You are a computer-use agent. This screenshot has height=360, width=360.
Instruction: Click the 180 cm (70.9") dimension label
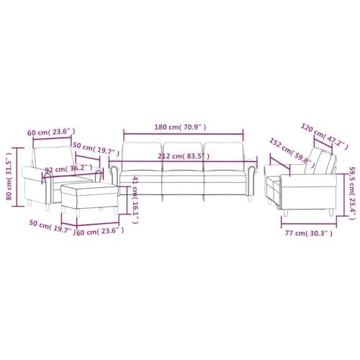(x=182, y=127)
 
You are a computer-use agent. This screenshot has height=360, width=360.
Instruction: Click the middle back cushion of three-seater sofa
(x=182, y=157)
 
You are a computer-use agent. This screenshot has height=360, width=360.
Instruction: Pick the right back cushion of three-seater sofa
(x=223, y=157)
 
